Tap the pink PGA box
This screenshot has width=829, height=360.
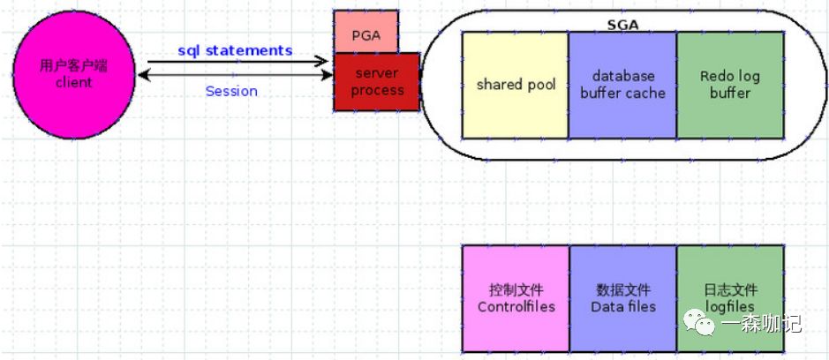[366, 34]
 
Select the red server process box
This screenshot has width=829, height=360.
[377, 82]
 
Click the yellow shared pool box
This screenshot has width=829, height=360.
[516, 85]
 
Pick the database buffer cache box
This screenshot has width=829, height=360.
[622, 85]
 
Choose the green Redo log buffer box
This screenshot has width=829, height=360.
[730, 85]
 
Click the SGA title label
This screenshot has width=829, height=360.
[624, 26]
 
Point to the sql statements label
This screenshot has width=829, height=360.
[234, 50]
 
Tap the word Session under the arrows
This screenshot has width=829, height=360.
[231, 91]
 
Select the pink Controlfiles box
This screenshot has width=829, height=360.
[516, 298]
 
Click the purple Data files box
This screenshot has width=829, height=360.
[622, 298]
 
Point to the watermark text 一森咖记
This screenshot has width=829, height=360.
[761, 325]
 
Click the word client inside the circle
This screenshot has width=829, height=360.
[73, 82]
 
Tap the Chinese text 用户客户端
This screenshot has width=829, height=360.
[73, 66]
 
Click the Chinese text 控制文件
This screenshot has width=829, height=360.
[516, 290]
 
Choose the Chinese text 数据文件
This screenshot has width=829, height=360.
[623, 290]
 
